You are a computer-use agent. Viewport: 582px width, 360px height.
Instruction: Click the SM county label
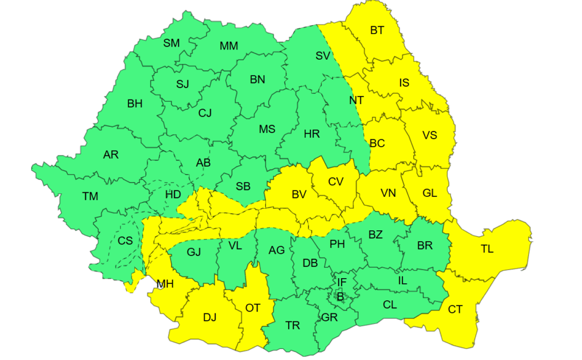tap(171, 43)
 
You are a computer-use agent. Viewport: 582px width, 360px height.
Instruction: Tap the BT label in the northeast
tap(377, 30)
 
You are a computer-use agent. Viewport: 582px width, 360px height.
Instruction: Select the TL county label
tap(487, 249)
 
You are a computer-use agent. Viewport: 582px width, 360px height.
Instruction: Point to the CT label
tap(455, 309)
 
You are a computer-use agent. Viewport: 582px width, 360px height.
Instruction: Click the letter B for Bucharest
tap(340, 296)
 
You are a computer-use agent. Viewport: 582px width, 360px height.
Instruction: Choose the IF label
tap(342, 283)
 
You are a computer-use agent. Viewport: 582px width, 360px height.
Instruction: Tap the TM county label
tap(90, 197)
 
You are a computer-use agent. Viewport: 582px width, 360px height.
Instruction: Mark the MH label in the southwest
tap(165, 283)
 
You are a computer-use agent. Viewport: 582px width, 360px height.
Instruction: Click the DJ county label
tap(210, 317)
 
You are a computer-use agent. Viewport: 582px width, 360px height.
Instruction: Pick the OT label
tap(252, 308)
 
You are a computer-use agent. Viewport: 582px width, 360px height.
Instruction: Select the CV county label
tap(336, 181)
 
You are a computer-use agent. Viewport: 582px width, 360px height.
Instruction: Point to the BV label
tap(299, 195)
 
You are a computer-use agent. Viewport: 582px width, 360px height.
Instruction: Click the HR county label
tap(312, 134)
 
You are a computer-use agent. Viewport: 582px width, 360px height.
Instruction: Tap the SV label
tap(323, 56)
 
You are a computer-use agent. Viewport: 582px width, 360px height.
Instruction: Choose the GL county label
tap(430, 193)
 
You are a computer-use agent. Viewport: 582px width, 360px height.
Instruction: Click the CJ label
tap(205, 113)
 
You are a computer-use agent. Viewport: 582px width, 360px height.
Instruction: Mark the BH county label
tap(135, 104)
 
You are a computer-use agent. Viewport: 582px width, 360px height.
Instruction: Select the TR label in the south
tap(293, 325)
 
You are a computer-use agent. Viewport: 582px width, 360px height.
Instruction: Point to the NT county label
tap(356, 100)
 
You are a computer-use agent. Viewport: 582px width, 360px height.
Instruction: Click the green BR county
tap(425, 246)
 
